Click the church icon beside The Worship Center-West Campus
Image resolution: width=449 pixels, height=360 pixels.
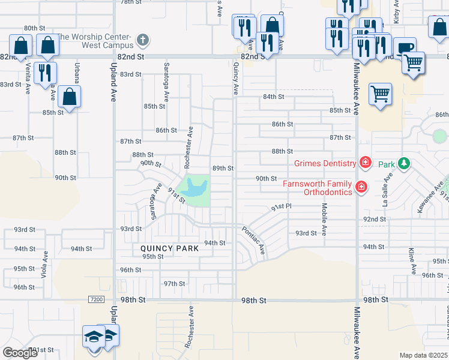142,41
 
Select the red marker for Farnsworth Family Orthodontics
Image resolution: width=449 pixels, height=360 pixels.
361,187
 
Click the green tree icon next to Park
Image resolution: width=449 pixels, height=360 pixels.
405,163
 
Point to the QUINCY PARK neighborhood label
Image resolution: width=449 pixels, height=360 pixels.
169,248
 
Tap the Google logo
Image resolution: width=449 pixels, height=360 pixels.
20,353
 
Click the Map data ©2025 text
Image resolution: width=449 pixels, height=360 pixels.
424,355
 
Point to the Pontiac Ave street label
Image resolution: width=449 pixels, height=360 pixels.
253,239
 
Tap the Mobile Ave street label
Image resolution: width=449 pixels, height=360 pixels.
324,219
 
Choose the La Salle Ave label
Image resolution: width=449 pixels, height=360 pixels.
388,189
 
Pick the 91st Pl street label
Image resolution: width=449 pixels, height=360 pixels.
280,207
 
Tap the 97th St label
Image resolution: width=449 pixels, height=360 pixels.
174,284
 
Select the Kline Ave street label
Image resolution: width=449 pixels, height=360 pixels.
412,261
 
